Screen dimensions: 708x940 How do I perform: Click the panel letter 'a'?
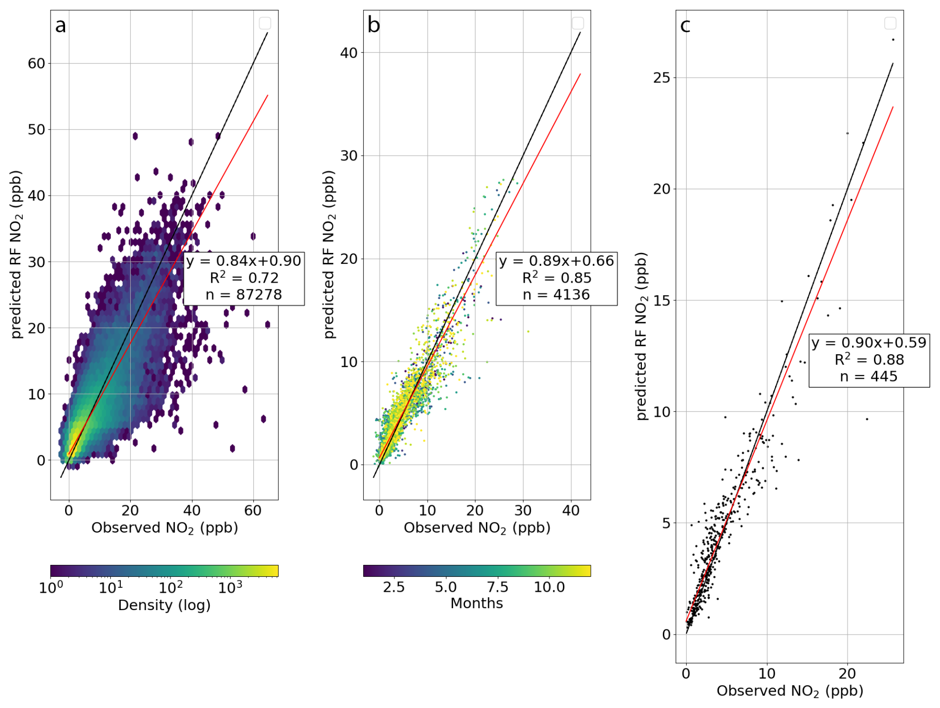click(x=60, y=25)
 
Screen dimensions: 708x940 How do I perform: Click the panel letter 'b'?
click(x=373, y=25)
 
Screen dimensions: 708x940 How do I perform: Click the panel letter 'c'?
click(x=685, y=25)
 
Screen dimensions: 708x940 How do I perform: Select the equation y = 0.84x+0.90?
click(x=243, y=261)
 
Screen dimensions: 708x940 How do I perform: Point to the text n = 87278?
click(x=243, y=295)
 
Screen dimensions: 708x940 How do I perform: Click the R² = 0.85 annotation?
click(x=556, y=278)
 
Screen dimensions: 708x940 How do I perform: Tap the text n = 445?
click(x=868, y=377)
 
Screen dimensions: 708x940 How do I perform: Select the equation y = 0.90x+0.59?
click(x=868, y=343)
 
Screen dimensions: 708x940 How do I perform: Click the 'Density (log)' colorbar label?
click(x=164, y=605)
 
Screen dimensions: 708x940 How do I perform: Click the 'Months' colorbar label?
click(x=476, y=603)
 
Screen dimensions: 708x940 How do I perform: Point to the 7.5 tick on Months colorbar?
click(x=497, y=587)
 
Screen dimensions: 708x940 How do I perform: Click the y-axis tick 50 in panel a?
click(x=36, y=130)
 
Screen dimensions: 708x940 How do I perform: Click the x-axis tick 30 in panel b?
click(x=523, y=510)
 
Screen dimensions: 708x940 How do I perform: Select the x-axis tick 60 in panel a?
click(x=253, y=510)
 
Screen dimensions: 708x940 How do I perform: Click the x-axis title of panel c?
click(x=789, y=691)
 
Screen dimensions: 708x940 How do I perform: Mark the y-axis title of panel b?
click(x=329, y=254)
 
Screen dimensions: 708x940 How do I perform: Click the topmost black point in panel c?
click(x=893, y=40)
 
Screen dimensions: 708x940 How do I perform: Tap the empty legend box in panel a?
click(x=265, y=23)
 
